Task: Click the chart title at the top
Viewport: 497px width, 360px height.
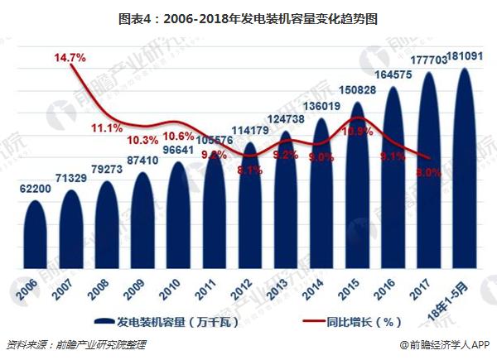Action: pos(248,16)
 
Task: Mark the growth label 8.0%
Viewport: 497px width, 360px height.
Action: pos(428,172)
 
